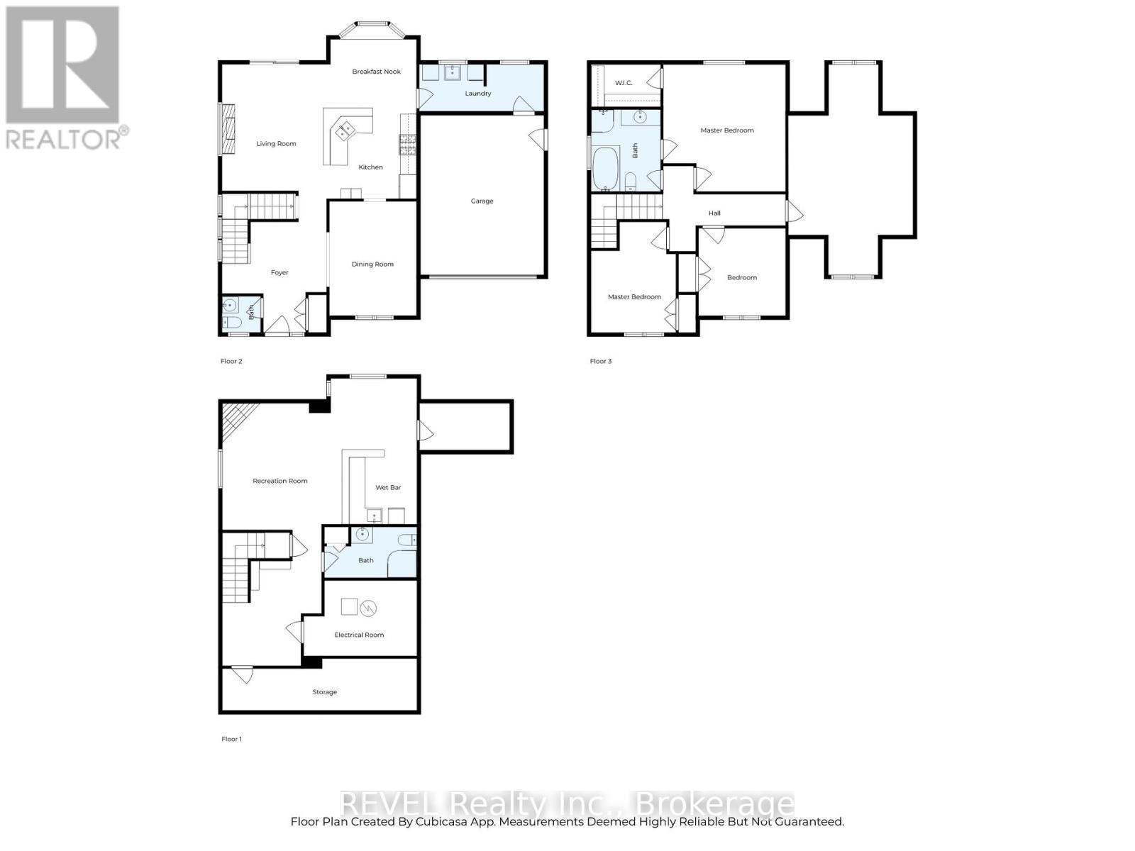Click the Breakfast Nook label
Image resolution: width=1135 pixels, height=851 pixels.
(x=377, y=72)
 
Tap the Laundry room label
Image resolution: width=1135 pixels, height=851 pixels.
(x=478, y=94)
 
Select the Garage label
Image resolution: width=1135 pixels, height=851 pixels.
(x=482, y=201)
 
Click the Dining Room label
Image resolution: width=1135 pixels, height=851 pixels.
(x=372, y=265)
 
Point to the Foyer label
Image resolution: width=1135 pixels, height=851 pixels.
(x=279, y=273)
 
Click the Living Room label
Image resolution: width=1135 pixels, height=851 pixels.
(x=276, y=144)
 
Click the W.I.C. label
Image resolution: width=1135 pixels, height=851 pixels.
(x=624, y=84)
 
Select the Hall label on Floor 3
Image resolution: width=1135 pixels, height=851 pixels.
(x=714, y=213)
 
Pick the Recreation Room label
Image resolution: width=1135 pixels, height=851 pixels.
(x=280, y=482)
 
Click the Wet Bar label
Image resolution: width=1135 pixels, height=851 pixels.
(x=388, y=488)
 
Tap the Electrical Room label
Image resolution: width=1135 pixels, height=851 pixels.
(x=359, y=635)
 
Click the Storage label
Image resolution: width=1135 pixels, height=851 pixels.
(x=325, y=692)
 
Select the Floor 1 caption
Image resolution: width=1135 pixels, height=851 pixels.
(x=231, y=739)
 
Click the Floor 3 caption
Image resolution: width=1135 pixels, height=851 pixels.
(x=600, y=362)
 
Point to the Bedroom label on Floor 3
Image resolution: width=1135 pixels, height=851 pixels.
(x=742, y=278)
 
